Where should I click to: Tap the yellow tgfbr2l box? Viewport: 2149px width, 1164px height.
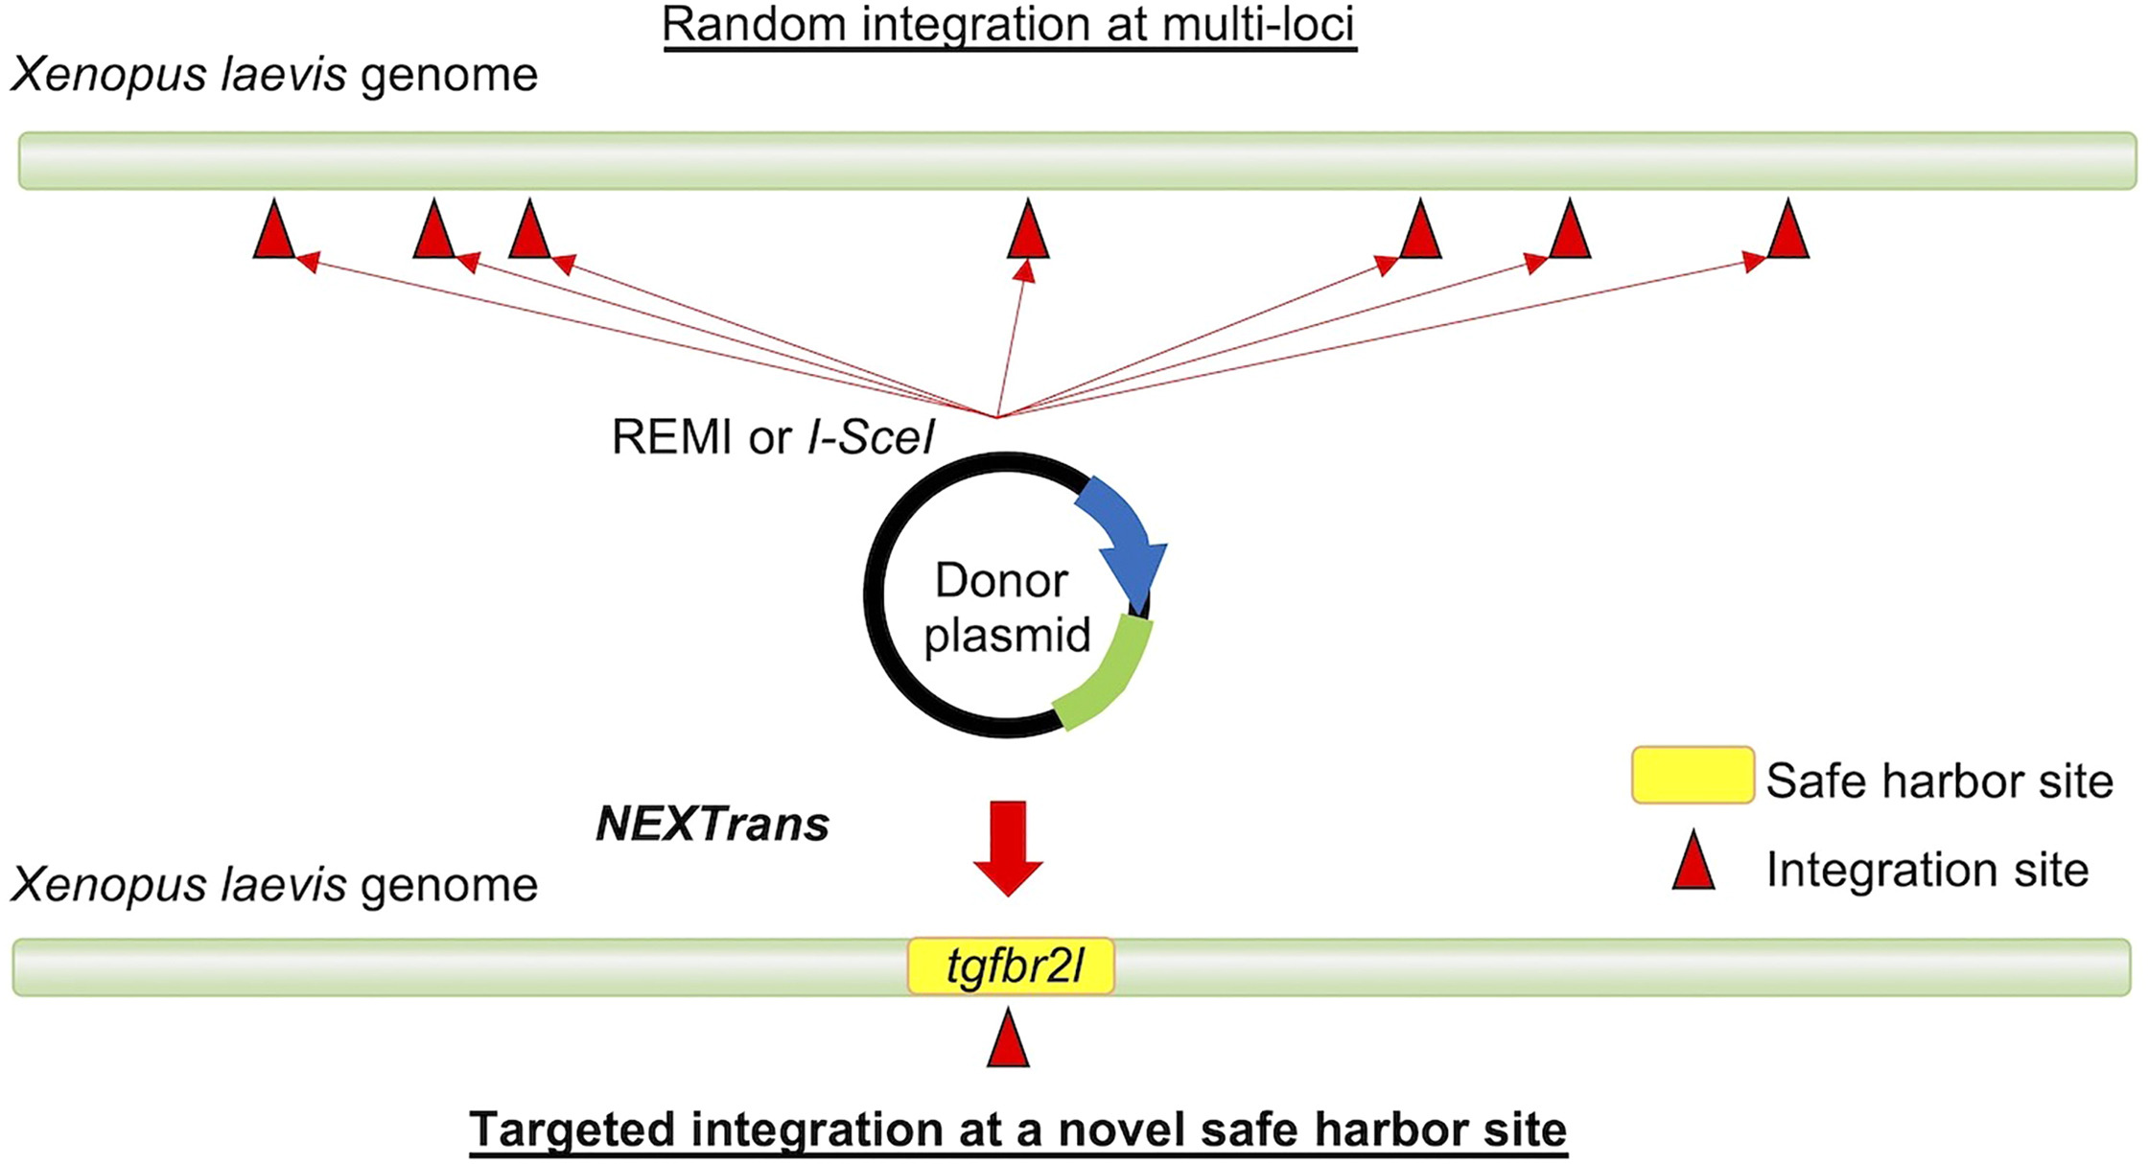(1011, 966)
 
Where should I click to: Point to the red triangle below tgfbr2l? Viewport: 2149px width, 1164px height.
(1008, 1041)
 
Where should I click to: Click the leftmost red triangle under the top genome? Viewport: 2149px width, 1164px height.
(274, 233)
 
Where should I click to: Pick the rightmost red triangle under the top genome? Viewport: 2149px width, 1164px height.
(1787, 233)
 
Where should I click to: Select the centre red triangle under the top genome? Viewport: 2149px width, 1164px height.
(1028, 233)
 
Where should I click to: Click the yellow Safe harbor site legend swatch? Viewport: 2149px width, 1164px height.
(1693, 775)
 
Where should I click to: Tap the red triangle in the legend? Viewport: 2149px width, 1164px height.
(1694, 863)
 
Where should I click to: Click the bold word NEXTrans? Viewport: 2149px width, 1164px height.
(712, 824)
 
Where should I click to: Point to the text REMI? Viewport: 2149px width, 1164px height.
(670, 437)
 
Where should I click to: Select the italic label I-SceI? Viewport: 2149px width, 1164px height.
(870, 437)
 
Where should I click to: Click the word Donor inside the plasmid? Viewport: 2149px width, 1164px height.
(1001, 581)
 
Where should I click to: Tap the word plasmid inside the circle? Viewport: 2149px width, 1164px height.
(1007, 635)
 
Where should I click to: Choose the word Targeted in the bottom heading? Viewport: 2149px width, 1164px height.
(572, 1129)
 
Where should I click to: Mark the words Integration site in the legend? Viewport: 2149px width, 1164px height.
(1927, 870)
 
